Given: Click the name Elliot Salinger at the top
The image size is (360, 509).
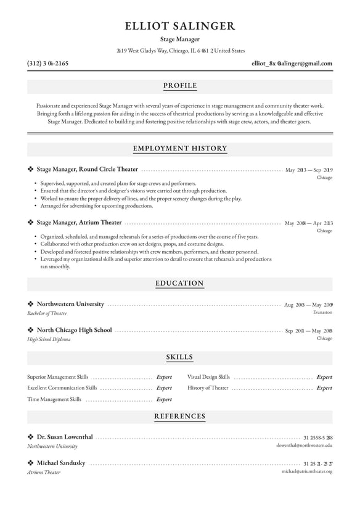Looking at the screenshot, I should [179, 26].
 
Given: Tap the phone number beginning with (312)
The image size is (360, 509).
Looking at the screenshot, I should [48, 64].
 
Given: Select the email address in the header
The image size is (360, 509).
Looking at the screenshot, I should [292, 64].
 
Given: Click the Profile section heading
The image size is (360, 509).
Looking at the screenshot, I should [180, 86].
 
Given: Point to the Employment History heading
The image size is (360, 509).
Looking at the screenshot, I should [180, 149].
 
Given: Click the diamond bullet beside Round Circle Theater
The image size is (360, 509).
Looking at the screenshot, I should [31, 169].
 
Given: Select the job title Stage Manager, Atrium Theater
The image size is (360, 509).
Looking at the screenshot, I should [80, 223].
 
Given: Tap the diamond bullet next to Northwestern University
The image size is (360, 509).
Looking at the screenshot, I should [31, 304].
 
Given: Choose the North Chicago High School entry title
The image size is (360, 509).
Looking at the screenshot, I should [75, 330].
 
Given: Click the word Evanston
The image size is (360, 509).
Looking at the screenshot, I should [322, 313].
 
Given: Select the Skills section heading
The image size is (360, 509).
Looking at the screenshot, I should [180, 357].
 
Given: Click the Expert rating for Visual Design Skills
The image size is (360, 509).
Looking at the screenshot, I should [324, 377].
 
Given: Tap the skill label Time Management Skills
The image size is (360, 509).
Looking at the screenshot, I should [54, 400].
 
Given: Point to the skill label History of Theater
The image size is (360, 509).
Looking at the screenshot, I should [208, 388].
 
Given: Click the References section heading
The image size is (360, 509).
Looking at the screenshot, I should [180, 417].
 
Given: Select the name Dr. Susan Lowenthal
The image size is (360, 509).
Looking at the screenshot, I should [65, 437].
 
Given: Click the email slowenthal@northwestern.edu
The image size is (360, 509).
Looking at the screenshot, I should [304, 445].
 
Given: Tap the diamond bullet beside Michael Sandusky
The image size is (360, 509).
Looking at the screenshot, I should [31, 463].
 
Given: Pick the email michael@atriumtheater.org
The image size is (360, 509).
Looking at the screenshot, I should [307, 471].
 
